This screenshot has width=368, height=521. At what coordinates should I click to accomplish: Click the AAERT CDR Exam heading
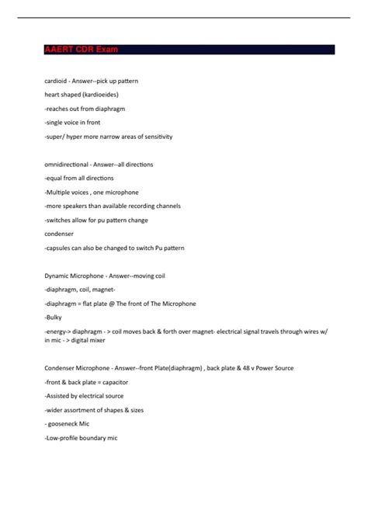pyautogui.click(x=82, y=50)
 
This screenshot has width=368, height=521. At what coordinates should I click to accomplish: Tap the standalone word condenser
pyautogui.click(x=60, y=234)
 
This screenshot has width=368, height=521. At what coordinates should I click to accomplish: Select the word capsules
pyautogui.click(x=63, y=248)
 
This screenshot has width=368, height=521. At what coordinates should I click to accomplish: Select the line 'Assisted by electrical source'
pyautogui.click(x=86, y=396)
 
